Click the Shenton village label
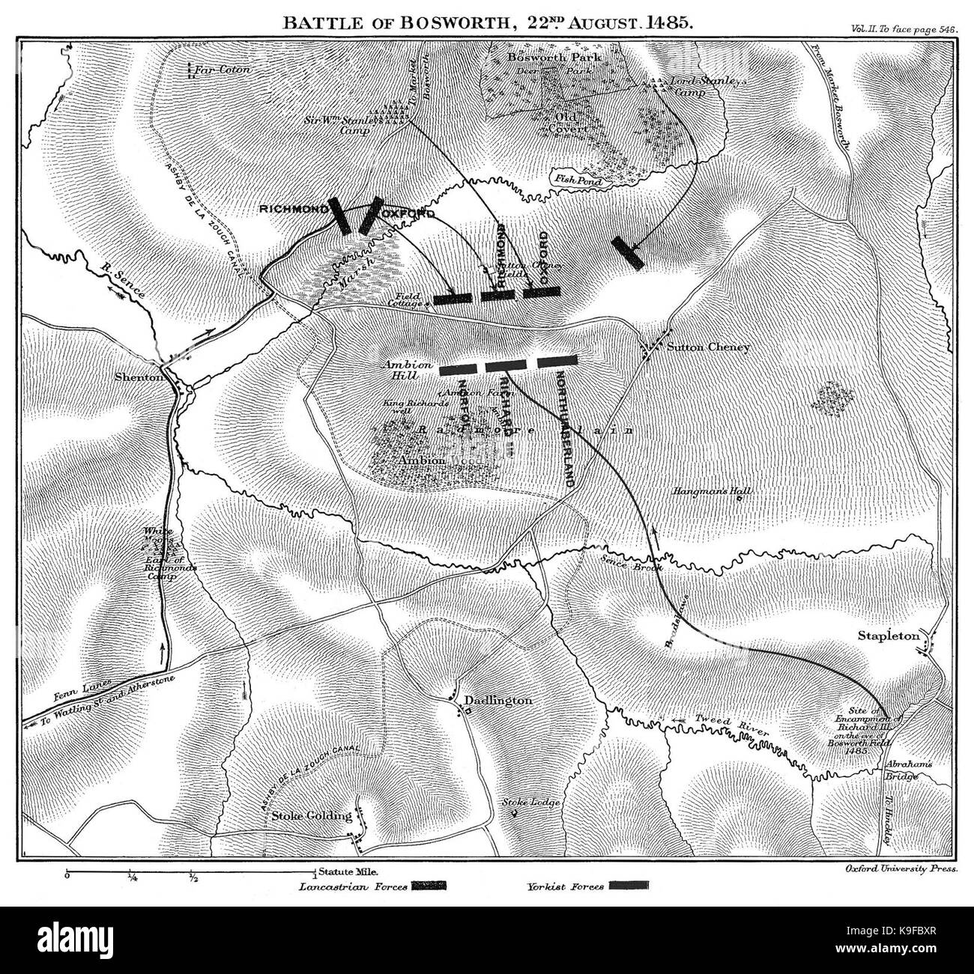[x=139, y=378]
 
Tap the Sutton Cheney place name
[x=707, y=347]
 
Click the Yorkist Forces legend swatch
[x=629, y=886]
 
